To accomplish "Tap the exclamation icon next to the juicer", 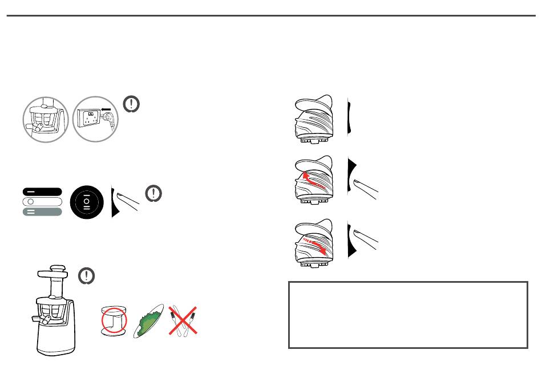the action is coord(86,276).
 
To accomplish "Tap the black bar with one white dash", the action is coord(42,192).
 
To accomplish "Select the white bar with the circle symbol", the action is coord(42,202).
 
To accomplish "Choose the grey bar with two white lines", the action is coord(42,212).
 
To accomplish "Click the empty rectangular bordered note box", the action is coord(408,314).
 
